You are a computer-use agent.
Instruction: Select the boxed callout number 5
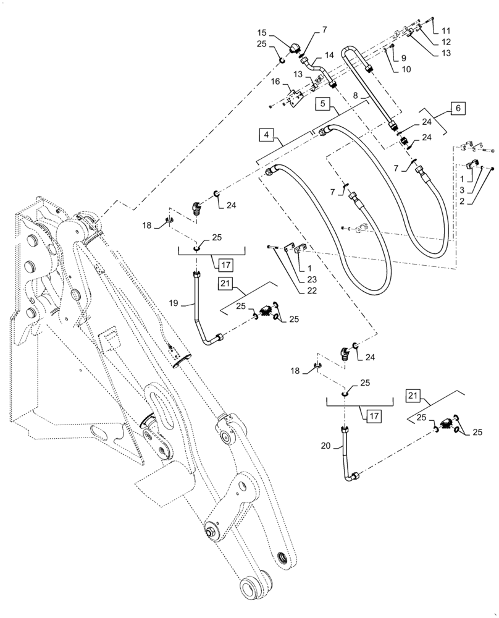click(x=324, y=103)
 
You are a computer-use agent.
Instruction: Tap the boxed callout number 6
click(x=457, y=108)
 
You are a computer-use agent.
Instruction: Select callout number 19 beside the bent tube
click(x=174, y=303)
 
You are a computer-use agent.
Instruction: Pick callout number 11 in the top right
click(x=446, y=30)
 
